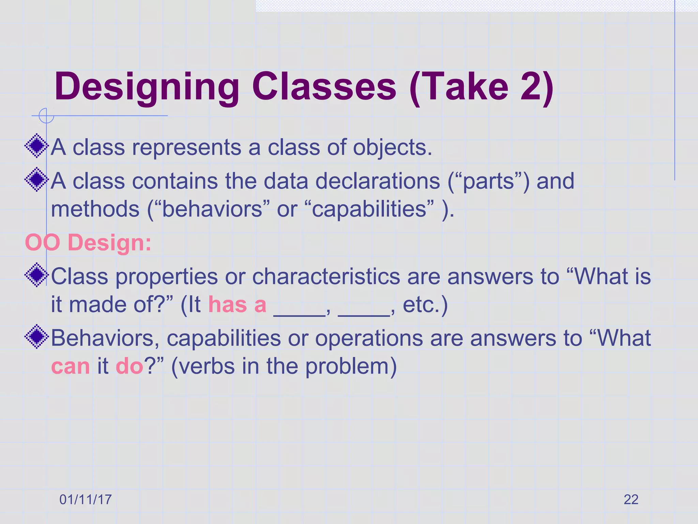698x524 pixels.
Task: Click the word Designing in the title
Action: click(x=147, y=87)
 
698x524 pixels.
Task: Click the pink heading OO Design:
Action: click(x=88, y=243)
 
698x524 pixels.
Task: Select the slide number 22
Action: click(x=631, y=499)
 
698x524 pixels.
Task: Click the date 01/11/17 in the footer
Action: click(x=86, y=499)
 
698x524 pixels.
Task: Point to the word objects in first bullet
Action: click(x=392, y=148)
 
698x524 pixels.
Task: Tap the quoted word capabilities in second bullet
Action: click(x=369, y=209)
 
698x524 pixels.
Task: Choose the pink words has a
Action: click(x=237, y=305)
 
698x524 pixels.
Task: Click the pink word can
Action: click(x=71, y=366)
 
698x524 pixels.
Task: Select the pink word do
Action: click(x=130, y=366)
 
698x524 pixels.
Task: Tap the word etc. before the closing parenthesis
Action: click(x=421, y=305)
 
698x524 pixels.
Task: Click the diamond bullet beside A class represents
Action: click(x=36, y=146)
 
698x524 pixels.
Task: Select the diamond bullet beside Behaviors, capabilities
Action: click(x=36, y=337)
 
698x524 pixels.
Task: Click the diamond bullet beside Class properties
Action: click(x=36, y=275)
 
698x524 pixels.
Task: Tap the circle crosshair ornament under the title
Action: click(x=46, y=116)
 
